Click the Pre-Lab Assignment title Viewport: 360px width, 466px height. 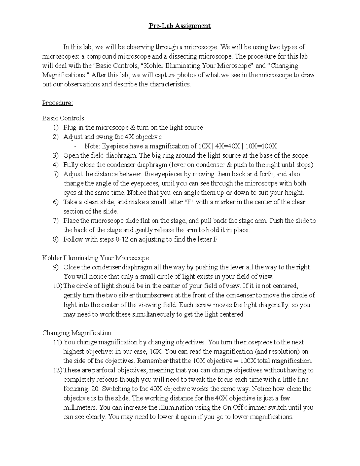click(180, 26)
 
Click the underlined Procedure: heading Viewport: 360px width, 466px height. click(58, 103)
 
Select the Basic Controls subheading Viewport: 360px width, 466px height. click(63, 118)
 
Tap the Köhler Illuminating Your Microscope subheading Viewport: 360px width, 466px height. click(95, 258)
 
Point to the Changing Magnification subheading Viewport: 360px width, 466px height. click(77, 333)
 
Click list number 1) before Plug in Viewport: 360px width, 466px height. click(56, 128)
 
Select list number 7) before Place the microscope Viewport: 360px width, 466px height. click(56, 221)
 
